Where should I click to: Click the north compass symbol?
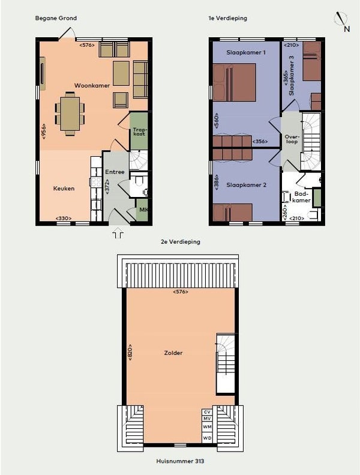point(342,21)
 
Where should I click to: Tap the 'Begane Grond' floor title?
point(56,18)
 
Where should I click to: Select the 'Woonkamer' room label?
point(92,86)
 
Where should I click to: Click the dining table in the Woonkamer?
point(70,114)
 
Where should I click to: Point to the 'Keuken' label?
point(64,189)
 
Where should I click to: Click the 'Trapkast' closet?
point(139,130)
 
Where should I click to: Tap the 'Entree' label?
point(115,172)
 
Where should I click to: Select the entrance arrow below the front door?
point(118,235)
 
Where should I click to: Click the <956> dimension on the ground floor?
point(44,131)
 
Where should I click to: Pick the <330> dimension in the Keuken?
point(64,218)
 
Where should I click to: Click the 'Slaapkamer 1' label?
point(246,52)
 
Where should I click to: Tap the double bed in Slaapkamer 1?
point(235,82)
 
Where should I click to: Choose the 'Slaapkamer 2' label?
point(247,185)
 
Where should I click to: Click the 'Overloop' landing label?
point(291,139)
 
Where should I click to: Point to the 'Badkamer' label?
point(301,197)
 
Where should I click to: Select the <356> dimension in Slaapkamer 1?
point(260,141)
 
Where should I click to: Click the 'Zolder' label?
point(173,353)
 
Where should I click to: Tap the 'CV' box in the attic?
point(207,412)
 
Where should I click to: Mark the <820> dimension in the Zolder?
point(130,352)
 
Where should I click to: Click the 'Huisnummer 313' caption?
point(180,461)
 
